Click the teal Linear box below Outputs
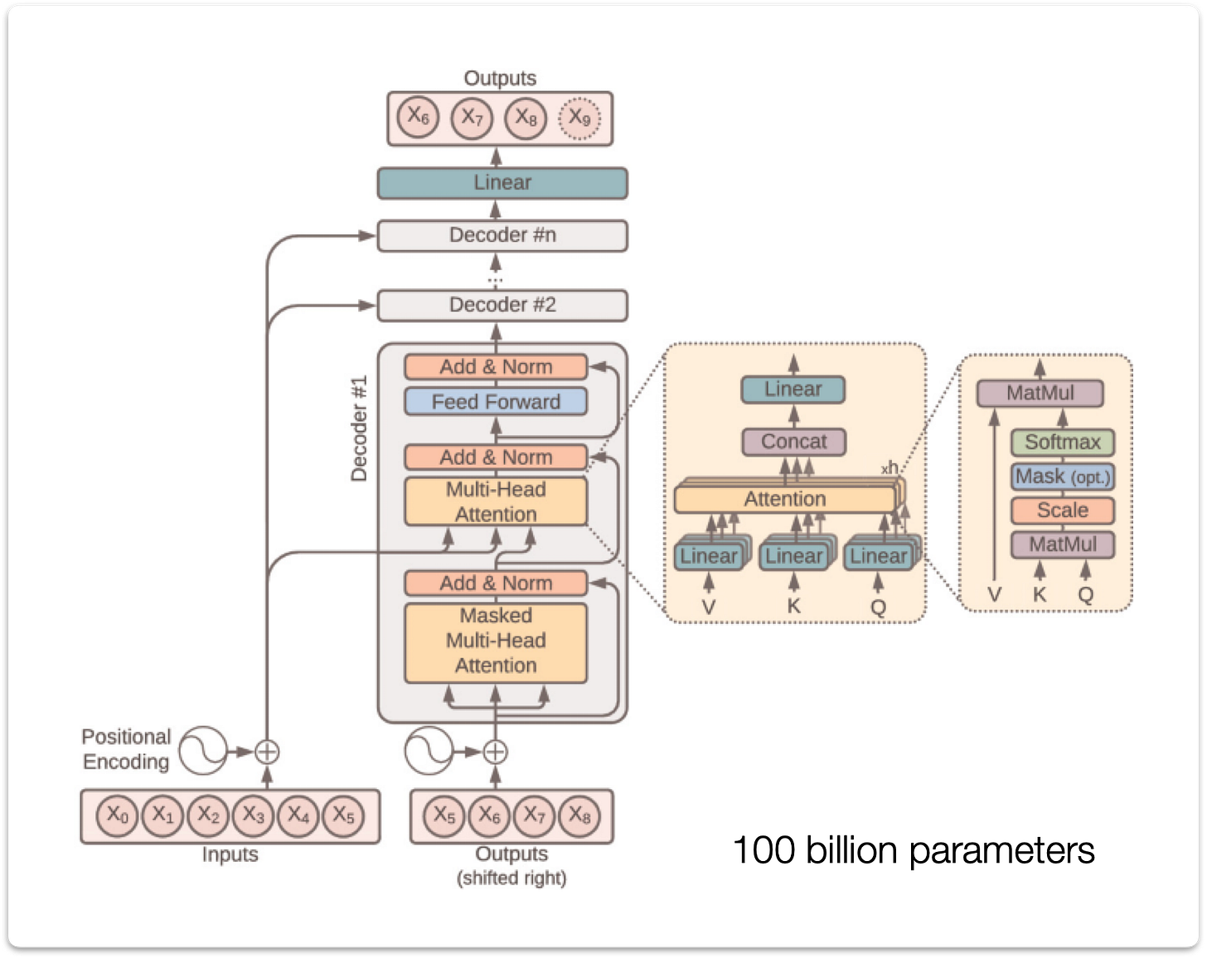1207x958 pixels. point(502,183)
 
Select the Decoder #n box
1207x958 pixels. point(502,235)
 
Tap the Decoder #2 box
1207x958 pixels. point(502,305)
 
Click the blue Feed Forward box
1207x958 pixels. point(496,402)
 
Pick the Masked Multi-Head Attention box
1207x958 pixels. point(496,641)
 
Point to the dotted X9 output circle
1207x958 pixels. point(579,119)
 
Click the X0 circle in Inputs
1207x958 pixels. point(118,815)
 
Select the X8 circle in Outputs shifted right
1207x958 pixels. point(579,816)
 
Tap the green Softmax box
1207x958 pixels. point(1062,443)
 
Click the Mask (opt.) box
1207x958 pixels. point(1062,477)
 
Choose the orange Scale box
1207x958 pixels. point(1062,510)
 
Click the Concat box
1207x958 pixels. point(793,442)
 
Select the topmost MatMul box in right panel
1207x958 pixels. point(1040,393)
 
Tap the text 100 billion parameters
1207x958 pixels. point(914,850)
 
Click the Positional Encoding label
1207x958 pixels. point(126,749)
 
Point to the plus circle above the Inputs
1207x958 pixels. point(267,752)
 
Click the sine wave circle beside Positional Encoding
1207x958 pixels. point(204,751)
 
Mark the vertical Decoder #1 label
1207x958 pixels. point(359,428)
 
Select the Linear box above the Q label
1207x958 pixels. point(879,555)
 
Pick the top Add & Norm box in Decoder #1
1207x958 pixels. point(496,367)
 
